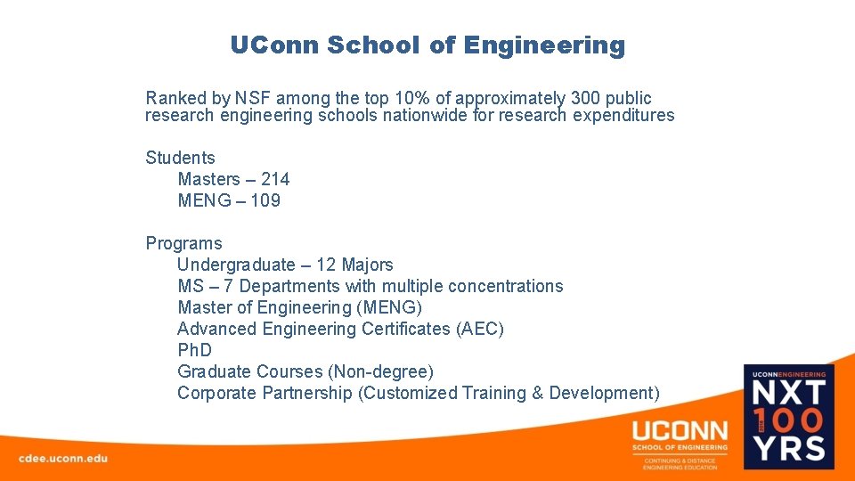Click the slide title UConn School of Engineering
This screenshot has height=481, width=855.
pyautogui.click(x=427, y=45)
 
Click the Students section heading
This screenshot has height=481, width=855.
pyautogui.click(x=180, y=159)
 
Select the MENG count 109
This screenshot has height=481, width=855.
pyautogui.click(x=265, y=201)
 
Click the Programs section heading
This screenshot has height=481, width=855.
pyautogui.click(x=183, y=244)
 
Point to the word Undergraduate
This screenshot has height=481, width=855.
pyautogui.click(x=236, y=265)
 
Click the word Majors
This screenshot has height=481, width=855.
pyautogui.click(x=367, y=265)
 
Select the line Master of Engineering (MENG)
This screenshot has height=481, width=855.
pyautogui.click(x=299, y=308)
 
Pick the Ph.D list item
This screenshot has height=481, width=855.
pyautogui.click(x=194, y=351)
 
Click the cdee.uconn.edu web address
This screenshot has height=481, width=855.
pyautogui.click(x=63, y=458)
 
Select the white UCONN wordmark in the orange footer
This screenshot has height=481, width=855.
pyautogui.click(x=680, y=431)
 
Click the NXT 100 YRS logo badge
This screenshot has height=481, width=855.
pyautogui.click(x=789, y=416)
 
